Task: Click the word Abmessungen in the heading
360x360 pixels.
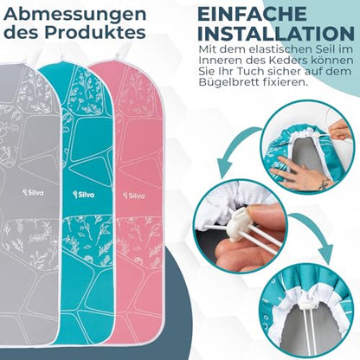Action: pos(75,15)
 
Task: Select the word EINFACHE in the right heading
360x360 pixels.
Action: pos(252,14)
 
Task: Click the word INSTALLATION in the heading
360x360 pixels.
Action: pos(276,34)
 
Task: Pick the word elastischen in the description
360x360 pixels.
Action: pos(277,49)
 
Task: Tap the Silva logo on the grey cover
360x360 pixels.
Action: pos(34,192)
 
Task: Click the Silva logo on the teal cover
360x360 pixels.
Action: pos(84,195)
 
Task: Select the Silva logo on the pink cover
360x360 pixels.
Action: pos(134,196)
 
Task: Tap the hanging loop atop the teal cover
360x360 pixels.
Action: pos(63,57)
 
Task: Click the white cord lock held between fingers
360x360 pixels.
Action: pos(241,222)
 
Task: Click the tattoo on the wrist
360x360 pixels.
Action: pos(325,183)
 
